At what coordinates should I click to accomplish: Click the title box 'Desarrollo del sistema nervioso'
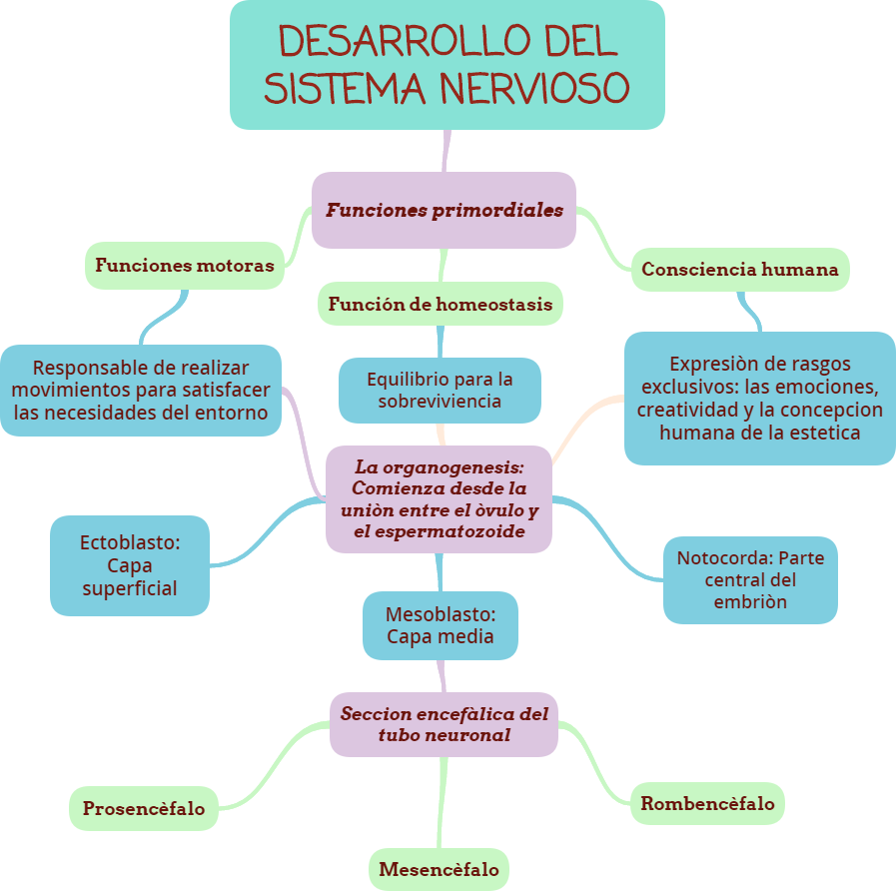(x=447, y=64)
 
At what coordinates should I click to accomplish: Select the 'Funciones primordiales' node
(x=444, y=210)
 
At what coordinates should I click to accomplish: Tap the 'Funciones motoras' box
(x=184, y=266)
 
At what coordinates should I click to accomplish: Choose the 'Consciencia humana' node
(x=740, y=270)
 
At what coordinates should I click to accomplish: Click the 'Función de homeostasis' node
(x=440, y=304)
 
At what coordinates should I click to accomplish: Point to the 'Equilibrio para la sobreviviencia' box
(x=440, y=391)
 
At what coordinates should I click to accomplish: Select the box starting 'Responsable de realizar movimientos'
(x=141, y=391)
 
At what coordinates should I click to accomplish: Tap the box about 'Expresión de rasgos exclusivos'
(x=759, y=398)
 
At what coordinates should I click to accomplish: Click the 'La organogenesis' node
(x=439, y=499)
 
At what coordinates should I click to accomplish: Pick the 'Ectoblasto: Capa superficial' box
(x=130, y=565)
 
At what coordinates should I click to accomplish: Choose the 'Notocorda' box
(x=750, y=579)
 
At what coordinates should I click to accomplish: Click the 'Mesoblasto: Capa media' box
(x=440, y=624)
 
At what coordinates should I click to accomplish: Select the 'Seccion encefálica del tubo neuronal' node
(x=444, y=724)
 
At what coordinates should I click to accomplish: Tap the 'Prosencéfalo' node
(x=143, y=808)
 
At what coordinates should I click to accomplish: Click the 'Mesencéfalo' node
(x=439, y=869)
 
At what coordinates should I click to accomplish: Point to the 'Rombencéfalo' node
(x=707, y=803)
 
